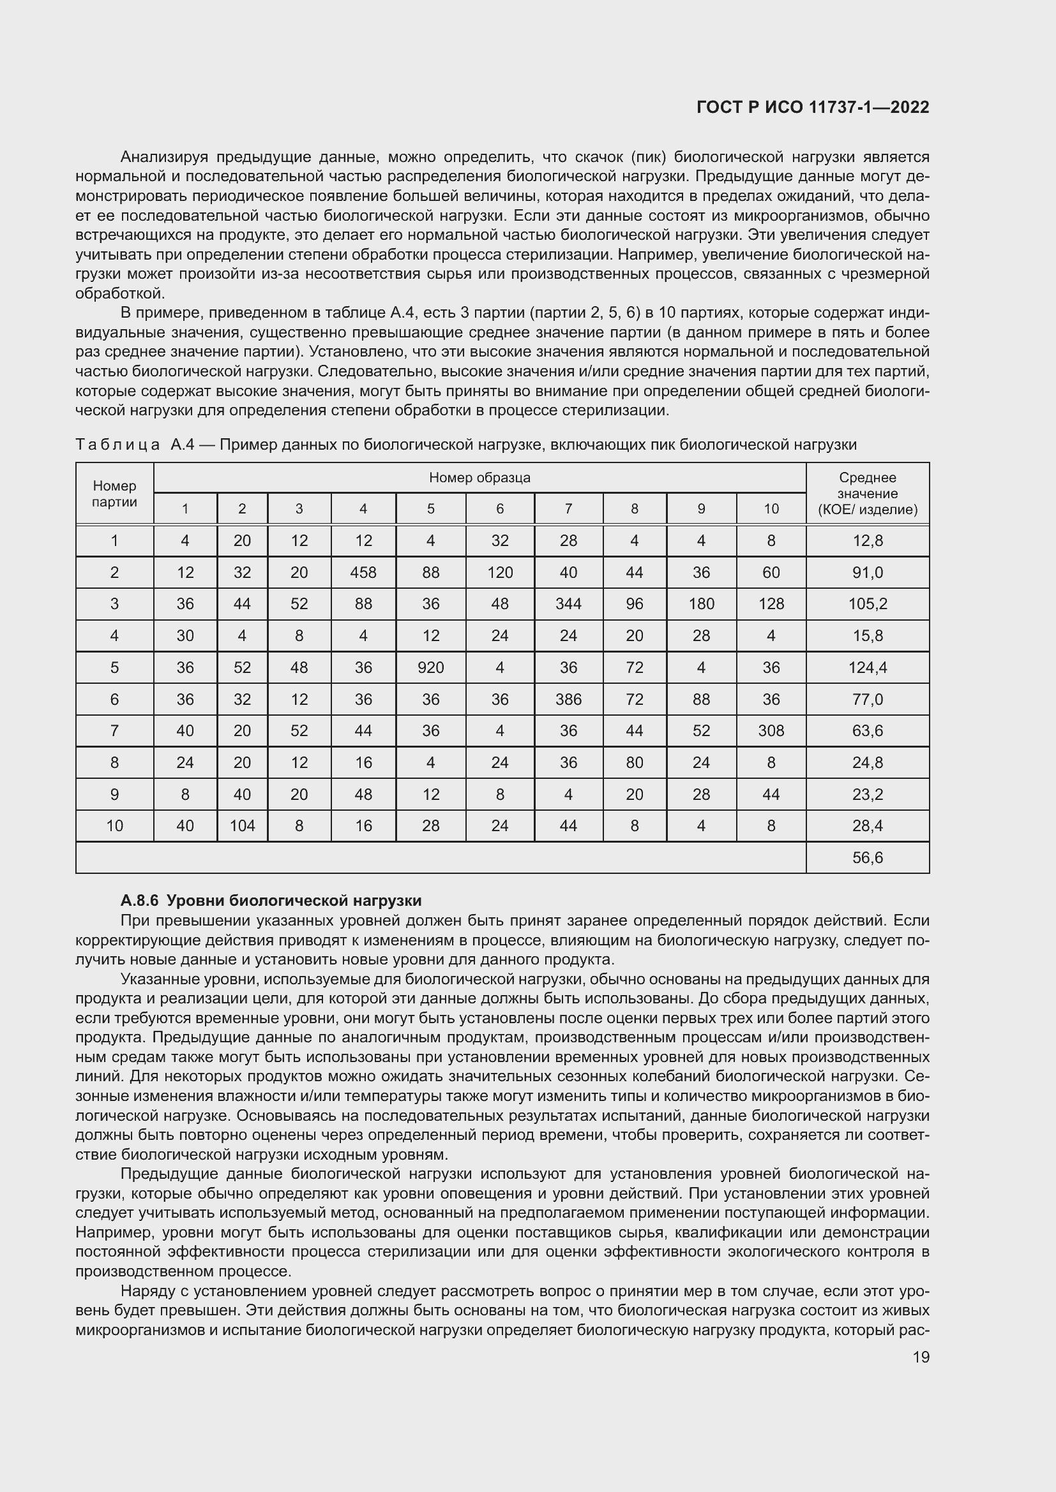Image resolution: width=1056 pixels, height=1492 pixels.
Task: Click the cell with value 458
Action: (363, 572)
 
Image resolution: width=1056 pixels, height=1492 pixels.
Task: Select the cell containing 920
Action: (430, 667)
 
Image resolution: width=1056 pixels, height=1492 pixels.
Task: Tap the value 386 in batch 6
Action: (568, 699)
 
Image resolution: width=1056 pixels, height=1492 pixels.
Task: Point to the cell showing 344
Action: (568, 603)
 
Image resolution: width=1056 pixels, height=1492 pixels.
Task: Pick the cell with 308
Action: (771, 730)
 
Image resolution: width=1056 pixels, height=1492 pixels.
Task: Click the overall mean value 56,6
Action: (868, 858)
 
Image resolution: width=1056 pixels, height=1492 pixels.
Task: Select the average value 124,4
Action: (868, 667)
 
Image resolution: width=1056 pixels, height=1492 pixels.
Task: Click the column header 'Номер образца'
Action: (479, 478)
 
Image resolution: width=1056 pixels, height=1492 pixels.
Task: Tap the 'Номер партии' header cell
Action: (114, 493)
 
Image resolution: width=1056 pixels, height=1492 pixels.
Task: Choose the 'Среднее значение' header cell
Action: (868, 493)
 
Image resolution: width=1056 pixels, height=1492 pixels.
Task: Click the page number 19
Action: (921, 1357)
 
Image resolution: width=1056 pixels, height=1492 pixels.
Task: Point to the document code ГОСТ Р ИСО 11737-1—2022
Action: (812, 107)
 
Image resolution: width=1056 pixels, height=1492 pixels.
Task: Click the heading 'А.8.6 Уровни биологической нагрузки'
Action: (271, 901)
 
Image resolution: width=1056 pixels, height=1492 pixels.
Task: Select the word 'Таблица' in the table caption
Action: (117, 445)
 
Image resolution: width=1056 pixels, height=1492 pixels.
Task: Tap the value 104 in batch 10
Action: (242, 826)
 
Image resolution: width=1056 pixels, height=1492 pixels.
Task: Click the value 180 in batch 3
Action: (701, 603)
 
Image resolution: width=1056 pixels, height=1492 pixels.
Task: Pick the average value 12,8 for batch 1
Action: (868, 541)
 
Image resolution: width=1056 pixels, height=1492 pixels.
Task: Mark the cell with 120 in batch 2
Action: (499, 572)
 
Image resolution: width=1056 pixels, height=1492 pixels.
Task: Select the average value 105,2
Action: (868, 603)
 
